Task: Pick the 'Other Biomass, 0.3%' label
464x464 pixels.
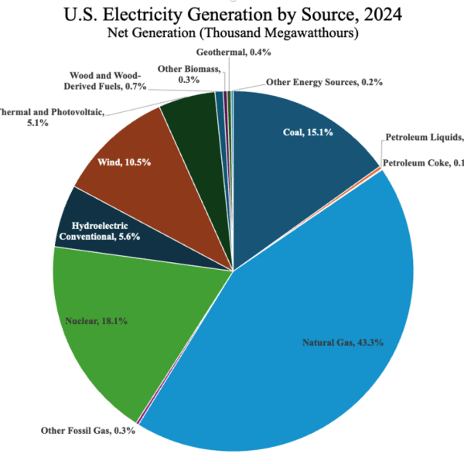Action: pos(181,73)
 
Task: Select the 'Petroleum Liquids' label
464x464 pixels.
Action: pos(425,138)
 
